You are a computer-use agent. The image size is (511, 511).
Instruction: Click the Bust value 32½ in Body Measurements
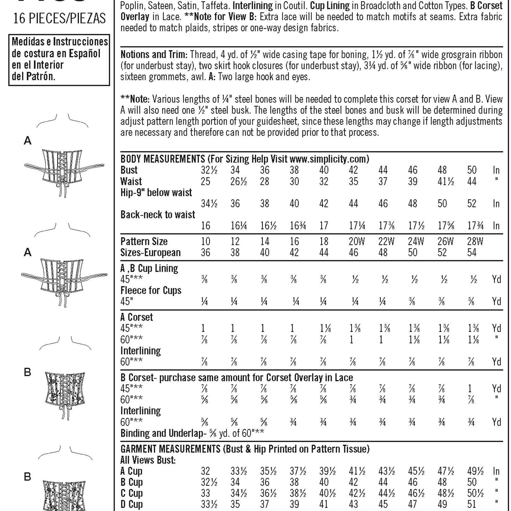209,170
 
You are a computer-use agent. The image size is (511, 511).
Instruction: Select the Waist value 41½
446,182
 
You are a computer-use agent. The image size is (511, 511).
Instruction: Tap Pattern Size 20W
356,242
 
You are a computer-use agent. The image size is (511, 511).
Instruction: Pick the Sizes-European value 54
472,253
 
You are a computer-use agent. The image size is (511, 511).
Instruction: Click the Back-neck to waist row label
158,215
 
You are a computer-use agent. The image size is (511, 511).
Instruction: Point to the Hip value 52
472,204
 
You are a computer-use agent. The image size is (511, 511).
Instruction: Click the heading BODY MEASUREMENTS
163,159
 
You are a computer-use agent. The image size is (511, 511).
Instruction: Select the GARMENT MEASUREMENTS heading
170,449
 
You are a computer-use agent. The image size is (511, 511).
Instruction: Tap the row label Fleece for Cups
151,290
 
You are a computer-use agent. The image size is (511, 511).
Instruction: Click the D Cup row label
131,504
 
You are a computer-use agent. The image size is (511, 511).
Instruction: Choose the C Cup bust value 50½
475,493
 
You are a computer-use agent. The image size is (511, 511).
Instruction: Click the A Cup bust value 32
205,471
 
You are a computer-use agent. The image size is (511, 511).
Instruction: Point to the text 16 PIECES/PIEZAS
60,19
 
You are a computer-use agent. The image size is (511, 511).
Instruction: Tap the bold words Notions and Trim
154,55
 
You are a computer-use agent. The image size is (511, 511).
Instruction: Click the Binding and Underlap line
192,433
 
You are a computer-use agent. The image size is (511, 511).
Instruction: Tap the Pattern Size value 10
205,242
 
